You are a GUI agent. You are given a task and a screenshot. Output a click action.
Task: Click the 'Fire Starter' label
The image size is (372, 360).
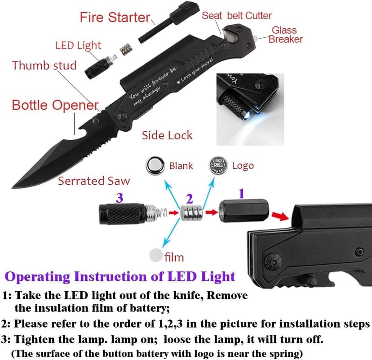(x=115, y=18)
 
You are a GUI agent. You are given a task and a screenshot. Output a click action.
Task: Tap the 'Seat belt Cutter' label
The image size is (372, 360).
(x=236, y=16)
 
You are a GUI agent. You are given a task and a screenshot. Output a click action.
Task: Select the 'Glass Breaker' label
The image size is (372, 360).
(x=285, y=35)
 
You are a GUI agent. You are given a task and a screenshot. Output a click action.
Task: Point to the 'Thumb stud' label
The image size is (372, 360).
(x=44, y=65)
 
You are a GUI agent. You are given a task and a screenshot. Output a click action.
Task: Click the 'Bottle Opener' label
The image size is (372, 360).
(x=55, y=106)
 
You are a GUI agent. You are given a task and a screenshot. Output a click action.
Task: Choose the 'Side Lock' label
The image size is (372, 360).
(x=167, y=135)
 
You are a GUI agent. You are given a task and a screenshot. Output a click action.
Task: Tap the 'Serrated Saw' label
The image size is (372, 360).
(x=94, y=181)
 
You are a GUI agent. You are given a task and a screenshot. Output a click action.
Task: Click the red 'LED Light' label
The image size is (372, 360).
(x=78, y=45)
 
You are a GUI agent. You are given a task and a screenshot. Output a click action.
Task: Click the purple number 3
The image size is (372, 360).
(x=120, y=197)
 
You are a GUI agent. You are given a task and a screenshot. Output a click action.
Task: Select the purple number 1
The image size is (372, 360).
(x=241, y=194)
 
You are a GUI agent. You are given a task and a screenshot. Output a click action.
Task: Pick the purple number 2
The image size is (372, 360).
(x=190, y=198)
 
